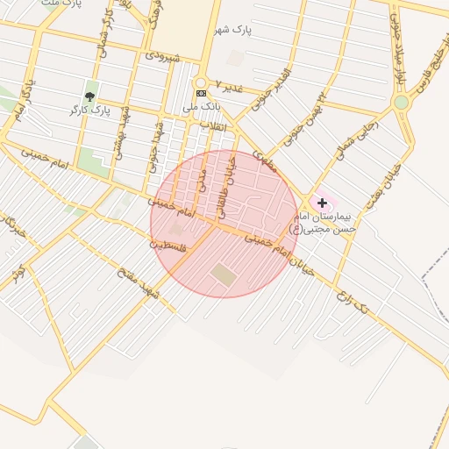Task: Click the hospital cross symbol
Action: (322, 203)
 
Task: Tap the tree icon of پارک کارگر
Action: (89, 96)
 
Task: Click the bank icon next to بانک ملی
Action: (202, 93)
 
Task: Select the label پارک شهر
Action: (232, 31)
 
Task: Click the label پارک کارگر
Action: (89, 110)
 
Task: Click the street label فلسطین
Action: (168, 246)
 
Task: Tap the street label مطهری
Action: (264, 160)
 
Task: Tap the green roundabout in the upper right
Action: (402, 102)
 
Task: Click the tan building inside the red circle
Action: (224, 274)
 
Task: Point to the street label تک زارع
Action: (352, 301)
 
